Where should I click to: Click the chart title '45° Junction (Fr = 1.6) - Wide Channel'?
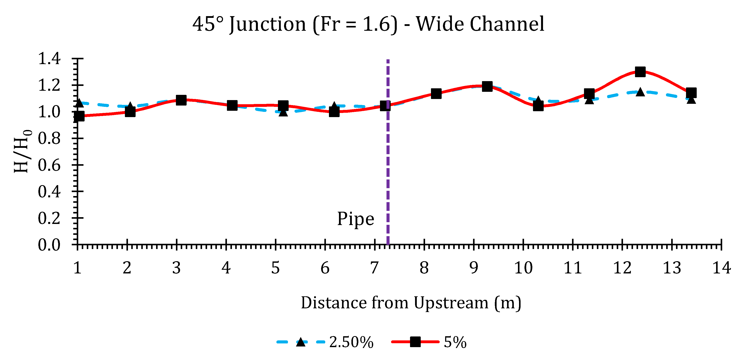click(x=368, y=24)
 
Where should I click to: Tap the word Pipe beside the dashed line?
click(x=356, y=219)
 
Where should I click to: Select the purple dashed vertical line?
click(x=388, y=173)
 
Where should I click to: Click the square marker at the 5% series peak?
click(x=640, y=72)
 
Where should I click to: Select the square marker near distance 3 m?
click(x=181, y=100)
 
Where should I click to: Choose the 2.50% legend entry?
click(x=325, y=342)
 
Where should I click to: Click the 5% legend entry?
click(x=429, y=342)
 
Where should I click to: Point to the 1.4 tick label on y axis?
click(x=49, y=59)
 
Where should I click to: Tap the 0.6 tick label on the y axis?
click(x=49, y=165)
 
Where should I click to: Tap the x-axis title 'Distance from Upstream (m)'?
click(x=411, y=303)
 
